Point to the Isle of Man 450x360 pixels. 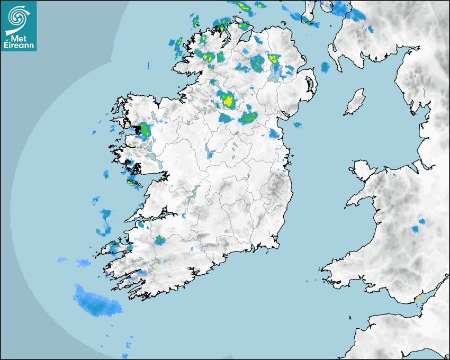click(355, 102)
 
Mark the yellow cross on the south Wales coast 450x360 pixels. click(418, 298)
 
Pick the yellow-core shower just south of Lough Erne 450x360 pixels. click(228, 100)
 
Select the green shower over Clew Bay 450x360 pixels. click(143, 129)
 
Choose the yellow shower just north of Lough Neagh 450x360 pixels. click(273, 58)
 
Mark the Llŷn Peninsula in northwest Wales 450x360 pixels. click(361, 198)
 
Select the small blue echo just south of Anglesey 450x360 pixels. click(393, 175)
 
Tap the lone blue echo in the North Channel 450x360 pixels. click(325, 67)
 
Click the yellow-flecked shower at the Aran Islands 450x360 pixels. click(131, 183)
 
